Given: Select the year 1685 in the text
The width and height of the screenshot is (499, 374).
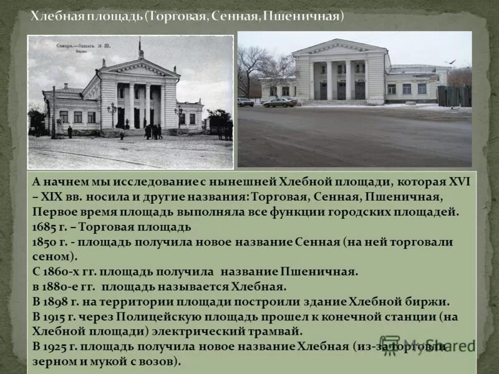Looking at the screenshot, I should (x=46, y=226).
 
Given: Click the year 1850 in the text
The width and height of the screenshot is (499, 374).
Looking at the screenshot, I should (x=46, y=241).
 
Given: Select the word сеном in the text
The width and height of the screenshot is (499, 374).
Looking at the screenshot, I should (x=50, y=256).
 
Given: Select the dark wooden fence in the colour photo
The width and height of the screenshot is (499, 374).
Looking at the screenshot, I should (x=454, y=96).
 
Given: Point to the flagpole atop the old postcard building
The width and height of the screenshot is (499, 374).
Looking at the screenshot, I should (x=141, y=47).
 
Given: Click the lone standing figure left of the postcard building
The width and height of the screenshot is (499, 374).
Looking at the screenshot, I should (x=70, y=132).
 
